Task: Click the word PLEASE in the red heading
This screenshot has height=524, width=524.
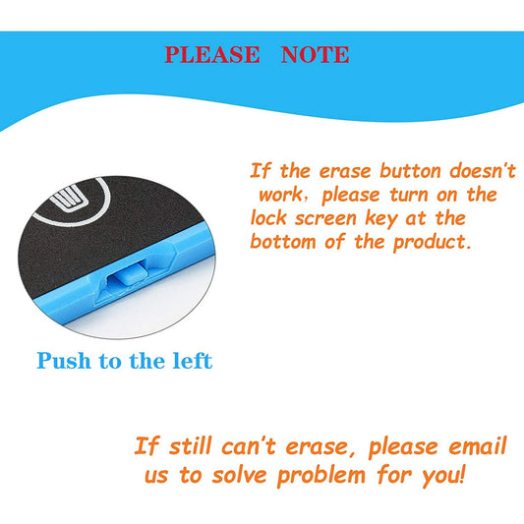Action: tap(212, 54)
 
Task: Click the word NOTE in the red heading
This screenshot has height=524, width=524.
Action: tap(316, 54)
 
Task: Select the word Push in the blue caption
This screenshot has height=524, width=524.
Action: tap(64, 361)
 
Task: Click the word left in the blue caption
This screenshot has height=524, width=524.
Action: tap(193, 361)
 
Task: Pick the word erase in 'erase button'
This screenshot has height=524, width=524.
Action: tap(345, 172)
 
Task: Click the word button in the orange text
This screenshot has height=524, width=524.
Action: tap(411, 170)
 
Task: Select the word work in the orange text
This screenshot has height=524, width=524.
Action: tap(280, 195)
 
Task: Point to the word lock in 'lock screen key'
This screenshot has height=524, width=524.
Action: tap(268, 218)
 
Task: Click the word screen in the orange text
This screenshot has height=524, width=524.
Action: tap(325, 219)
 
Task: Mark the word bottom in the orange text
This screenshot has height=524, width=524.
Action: tap(283, 241)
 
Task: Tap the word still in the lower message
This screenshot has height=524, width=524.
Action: tap(190, 446)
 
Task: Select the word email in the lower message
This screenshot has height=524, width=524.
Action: tap(478, 445)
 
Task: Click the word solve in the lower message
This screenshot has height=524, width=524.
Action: tap(239, 475)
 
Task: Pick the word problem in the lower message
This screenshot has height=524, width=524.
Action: tap(321, 476)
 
